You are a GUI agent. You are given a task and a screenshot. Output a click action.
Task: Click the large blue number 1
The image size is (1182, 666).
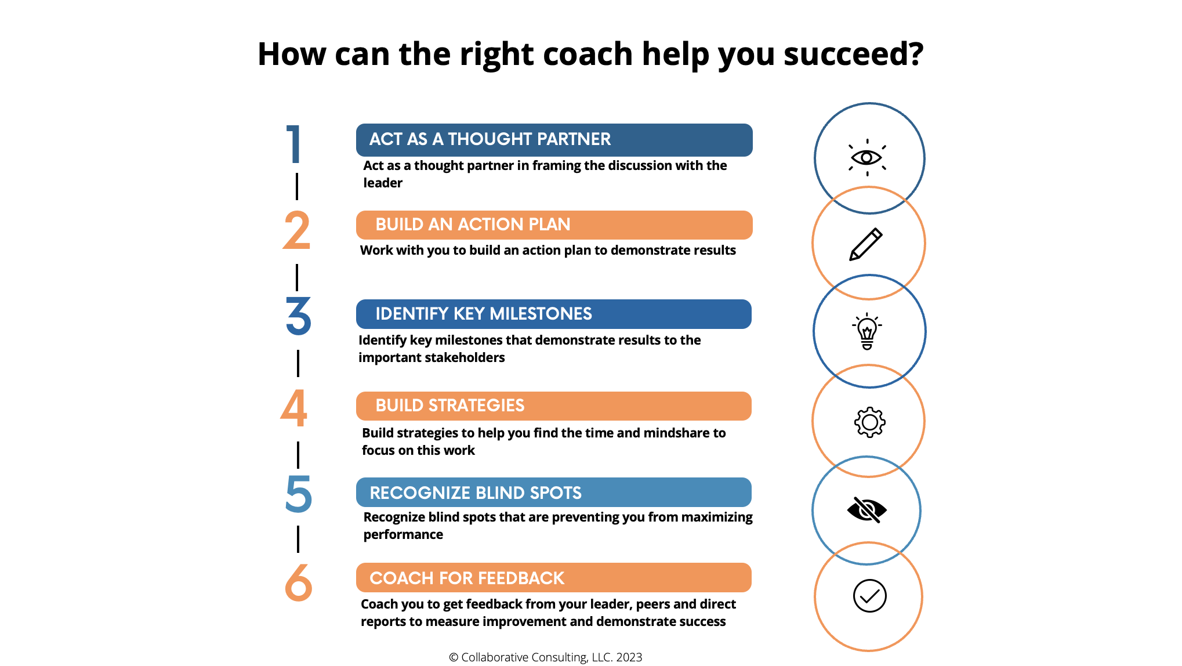click(294, 144)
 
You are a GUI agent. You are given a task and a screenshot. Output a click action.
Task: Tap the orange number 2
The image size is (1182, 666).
click(296, 231)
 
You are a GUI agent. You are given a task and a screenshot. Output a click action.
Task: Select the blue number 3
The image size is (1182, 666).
click(298, 316)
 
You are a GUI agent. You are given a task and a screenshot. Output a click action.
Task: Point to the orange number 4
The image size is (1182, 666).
click(294, 408)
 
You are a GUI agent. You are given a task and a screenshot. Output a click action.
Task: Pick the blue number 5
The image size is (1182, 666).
click(299, 494)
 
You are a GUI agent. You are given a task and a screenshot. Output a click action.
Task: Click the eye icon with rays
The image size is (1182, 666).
click(867, 157)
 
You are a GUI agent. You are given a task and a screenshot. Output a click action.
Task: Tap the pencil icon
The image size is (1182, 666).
click(866, 244)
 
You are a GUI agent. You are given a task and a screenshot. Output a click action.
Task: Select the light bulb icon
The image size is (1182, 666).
click(867, 331)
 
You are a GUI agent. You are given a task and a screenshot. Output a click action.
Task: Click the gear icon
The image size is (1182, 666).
click(869, 422)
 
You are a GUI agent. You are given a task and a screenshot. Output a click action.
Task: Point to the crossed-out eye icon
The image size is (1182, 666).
click(867, 510)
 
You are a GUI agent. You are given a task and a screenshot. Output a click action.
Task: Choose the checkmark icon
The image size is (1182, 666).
click(869, 596)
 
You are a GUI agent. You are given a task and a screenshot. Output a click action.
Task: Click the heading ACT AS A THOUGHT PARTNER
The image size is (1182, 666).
click(490, 139)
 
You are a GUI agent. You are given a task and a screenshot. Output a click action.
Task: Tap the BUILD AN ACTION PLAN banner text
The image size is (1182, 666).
click(473, 225)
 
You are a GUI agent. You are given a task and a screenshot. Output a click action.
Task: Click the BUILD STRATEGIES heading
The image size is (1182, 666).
click(450, 406)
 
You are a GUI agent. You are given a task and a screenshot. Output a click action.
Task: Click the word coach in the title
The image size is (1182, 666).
click(588, 54)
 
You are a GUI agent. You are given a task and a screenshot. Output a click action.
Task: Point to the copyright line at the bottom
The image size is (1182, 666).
click(545, 657)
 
